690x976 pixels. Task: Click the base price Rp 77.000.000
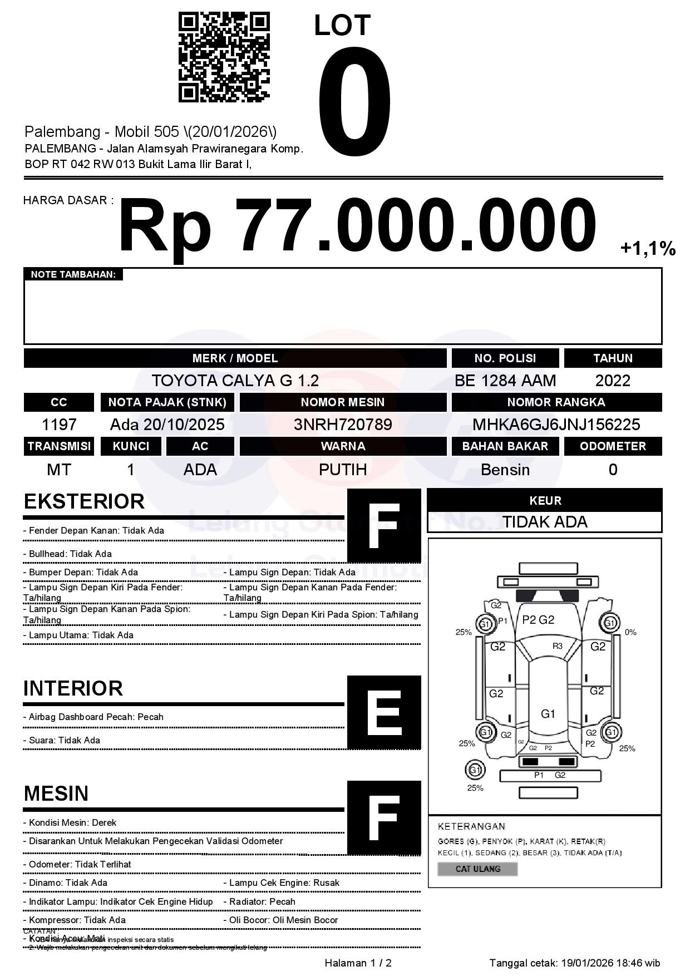click(x=357, y=226)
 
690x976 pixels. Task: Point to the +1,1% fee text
click(x=648, y=248)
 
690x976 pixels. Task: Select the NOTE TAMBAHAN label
click(x=73, y=274)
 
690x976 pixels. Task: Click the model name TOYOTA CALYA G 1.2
click(x=235, y=381)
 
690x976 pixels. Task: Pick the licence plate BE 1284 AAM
click(x=505, y=381)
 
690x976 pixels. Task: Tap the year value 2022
click(x=613, y=381)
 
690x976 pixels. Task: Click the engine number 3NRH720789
click(x=343, y=425)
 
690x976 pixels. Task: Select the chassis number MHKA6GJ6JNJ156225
click(x=556, y=425)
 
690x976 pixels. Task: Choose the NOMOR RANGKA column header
click(x=556, y=402)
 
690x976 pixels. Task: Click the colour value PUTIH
click(x=343, y=470)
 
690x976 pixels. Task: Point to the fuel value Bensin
click(x=505, y=470)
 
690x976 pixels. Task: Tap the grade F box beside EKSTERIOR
click(x=384, y=526)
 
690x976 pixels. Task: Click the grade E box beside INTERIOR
click(x=384, y=712)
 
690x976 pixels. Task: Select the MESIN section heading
click(x=56, y=793)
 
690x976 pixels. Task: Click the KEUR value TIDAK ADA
click(x=545, y=522)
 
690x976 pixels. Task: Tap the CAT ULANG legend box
click(x=477, y=869)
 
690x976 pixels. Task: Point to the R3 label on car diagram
click(x=557, y=646)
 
